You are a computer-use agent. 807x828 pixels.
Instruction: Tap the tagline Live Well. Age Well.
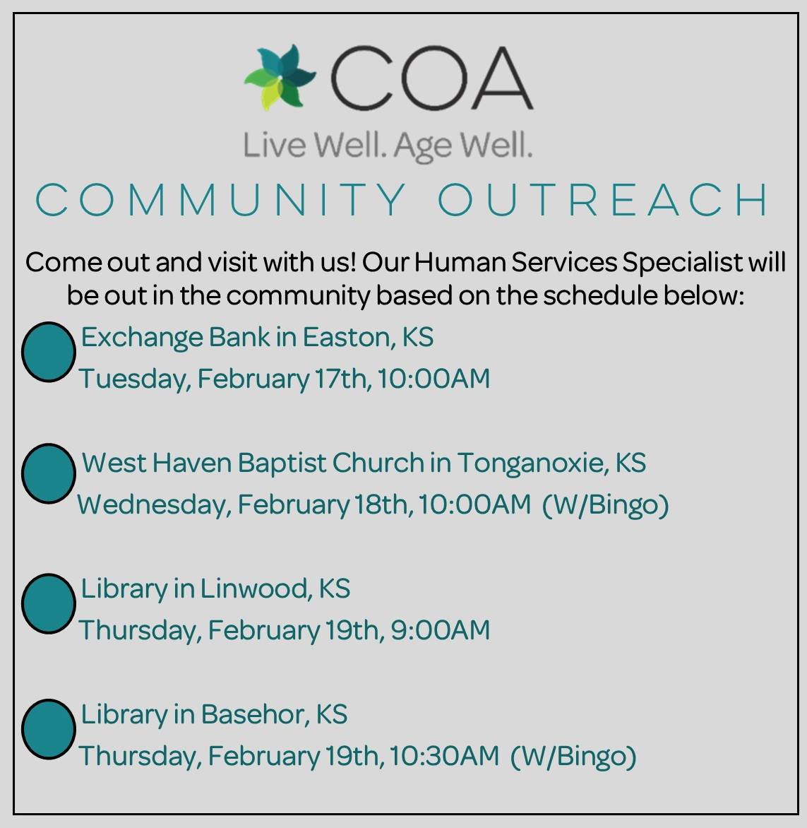[x=388, y=146]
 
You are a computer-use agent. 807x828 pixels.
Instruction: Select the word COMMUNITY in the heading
[x=221, y=200]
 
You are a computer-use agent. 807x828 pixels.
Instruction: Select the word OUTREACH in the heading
[x=604, y=200]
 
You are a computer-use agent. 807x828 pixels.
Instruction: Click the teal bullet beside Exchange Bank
[x=48, y=352]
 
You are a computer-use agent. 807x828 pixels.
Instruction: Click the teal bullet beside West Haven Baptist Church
[x=48, y=473]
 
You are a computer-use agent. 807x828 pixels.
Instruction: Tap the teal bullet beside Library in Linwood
[x=48, y=604]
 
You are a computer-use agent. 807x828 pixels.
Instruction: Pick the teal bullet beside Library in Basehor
[x=48, y=729]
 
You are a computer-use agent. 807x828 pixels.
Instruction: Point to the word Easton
[x=346, y=338]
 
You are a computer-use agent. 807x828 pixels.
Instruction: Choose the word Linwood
[x=256, y=589]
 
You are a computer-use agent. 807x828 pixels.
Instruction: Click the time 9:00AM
[x=440, y=629]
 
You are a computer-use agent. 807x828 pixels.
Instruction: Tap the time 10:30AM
[x=444, y=755]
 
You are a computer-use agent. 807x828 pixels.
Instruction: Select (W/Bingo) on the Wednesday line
[x=605, y=504]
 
